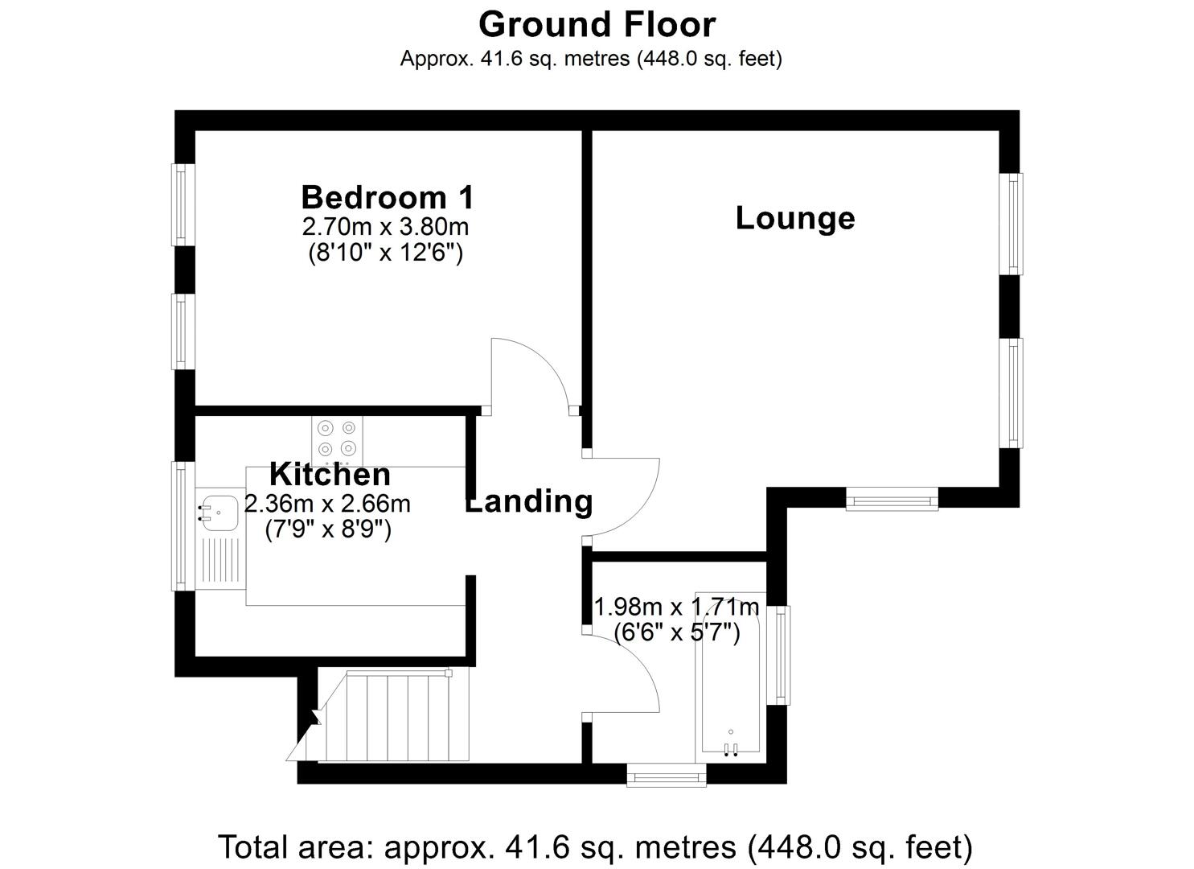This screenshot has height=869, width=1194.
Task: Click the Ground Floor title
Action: (x=597, y=24)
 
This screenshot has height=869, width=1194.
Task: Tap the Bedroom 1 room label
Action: (x=388, y=197)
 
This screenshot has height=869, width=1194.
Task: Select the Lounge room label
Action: (x=795, y=218)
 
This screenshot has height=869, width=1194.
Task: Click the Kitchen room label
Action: (x=330, y=475)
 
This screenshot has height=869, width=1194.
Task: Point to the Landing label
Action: (x=529, y=501)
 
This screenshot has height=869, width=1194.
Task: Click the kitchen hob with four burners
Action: (x=337, y=439)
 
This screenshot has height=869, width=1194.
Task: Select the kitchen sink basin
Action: (x=217, y=513)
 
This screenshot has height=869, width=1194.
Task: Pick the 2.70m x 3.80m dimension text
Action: (x=385, y=225)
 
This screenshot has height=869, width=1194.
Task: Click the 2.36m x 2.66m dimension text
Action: (x=327, y=505)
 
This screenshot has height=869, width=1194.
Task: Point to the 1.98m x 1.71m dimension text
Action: (x=676, y=605)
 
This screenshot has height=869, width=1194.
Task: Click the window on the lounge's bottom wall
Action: (x=892, y=500)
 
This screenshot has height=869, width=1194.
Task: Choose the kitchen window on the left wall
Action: (x=184, y=525)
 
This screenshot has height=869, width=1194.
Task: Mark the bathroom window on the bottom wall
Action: (x=667, y=775)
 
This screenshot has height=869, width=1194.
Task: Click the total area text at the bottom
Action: (x=596, y=846)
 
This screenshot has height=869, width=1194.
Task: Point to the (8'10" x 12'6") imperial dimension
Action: (x=385, y=253)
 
